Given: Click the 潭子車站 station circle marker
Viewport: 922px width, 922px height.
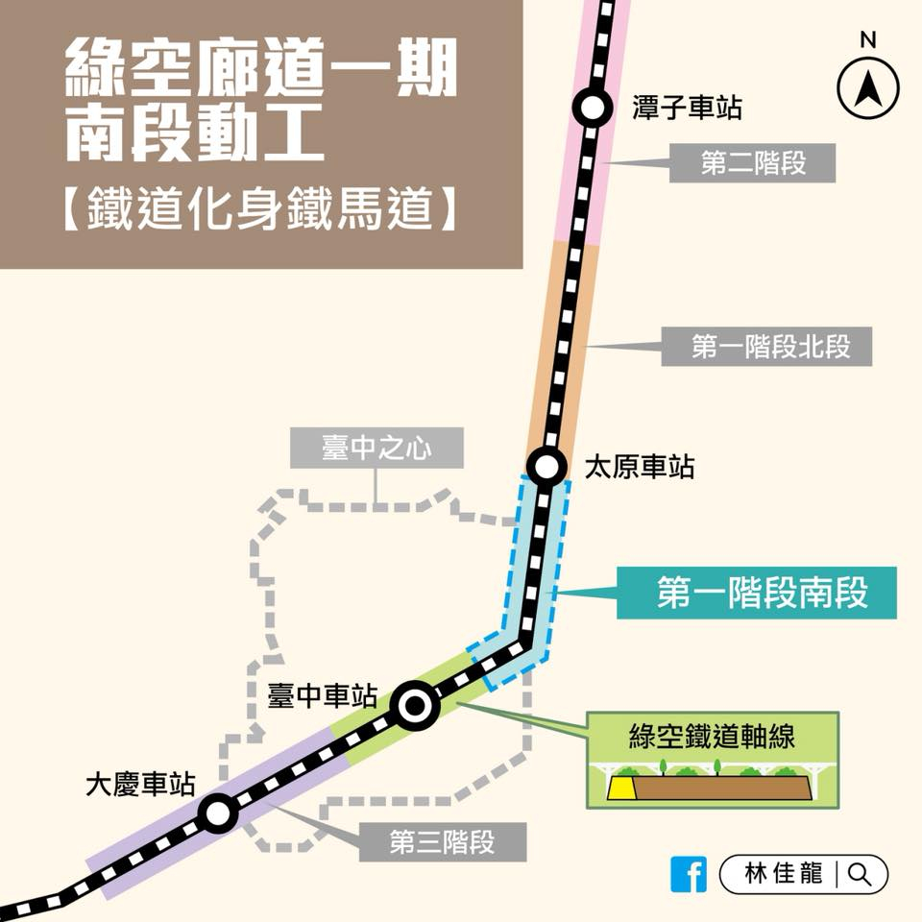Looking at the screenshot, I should pos(593,109).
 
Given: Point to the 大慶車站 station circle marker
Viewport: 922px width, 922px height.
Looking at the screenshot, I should pos(218,814).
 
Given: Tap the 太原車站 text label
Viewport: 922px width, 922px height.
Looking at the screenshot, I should pos(640,468).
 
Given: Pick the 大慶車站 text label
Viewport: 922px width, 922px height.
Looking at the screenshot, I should pos(140,785).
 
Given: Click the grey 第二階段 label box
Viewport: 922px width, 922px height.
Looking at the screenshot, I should pos(752,163).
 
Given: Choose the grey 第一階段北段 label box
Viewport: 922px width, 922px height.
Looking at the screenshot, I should pos(766,347).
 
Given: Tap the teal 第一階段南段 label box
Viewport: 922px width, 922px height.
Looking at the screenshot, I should pos(760,593).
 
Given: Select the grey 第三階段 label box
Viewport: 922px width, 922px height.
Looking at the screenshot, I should pos(443,843).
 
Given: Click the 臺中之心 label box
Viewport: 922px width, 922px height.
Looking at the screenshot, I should pos(377,449).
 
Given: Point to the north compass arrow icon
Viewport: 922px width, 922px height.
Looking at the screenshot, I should pos(867,89).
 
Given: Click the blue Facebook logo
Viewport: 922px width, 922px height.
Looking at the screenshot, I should pos(690,874).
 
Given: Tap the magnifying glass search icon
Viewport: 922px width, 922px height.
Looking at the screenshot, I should pos(860,874).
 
